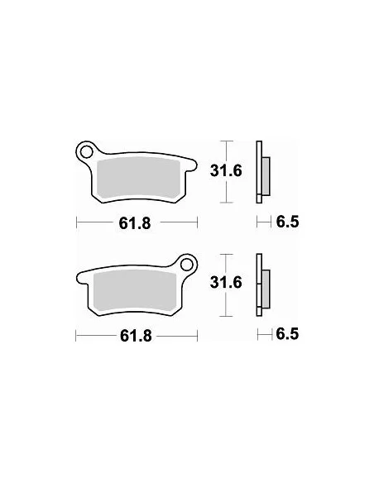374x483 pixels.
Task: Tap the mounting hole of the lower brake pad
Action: coord(188,265)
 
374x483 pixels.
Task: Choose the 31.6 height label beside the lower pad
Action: coord(229,284)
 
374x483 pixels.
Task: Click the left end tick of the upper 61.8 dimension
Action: coord(76,222)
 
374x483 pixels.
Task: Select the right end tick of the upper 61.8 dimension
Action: coord(199,222)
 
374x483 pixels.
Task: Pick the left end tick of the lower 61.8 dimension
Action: coord(76,336)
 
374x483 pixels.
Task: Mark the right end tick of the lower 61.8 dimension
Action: coord(199,336)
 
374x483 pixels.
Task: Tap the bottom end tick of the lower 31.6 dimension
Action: coord(228,318)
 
